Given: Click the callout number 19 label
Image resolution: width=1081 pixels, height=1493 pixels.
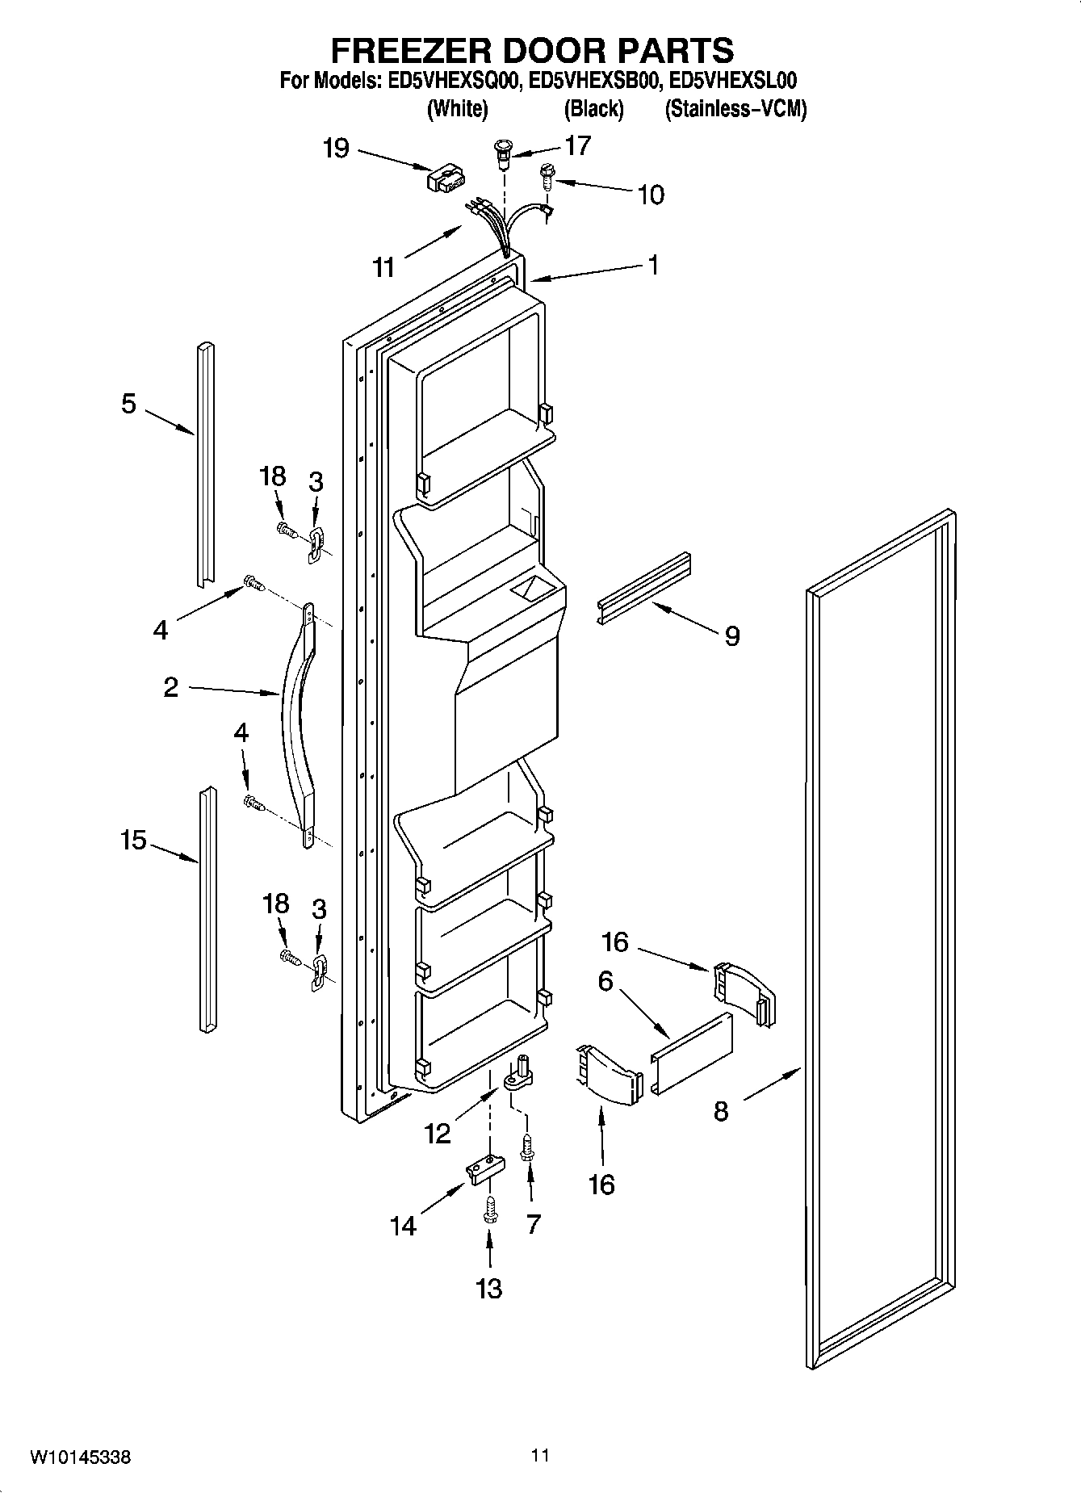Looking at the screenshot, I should (336, 149).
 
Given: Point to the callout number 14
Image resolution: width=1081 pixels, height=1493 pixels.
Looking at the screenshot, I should (403, 1226).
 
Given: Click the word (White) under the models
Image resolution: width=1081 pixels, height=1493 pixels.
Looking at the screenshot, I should (457, 109).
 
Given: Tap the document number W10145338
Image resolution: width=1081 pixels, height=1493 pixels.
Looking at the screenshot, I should (80, 1458).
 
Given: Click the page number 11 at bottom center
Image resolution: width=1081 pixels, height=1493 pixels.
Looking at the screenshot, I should (540, 1455).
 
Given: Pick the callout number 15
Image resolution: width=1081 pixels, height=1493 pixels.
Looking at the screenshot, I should (133, 841).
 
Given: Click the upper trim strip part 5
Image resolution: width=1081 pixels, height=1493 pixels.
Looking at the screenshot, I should (204, 464).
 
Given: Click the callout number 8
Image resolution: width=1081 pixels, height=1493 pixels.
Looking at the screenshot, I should (721, 1111).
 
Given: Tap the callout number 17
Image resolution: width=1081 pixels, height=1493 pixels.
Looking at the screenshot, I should (578, 145).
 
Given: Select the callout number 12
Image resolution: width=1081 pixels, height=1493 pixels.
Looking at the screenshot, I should (438, 1134).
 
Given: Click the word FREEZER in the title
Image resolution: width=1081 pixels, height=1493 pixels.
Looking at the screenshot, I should (425, 50).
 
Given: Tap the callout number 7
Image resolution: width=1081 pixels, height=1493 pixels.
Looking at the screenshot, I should (533, 1224).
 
